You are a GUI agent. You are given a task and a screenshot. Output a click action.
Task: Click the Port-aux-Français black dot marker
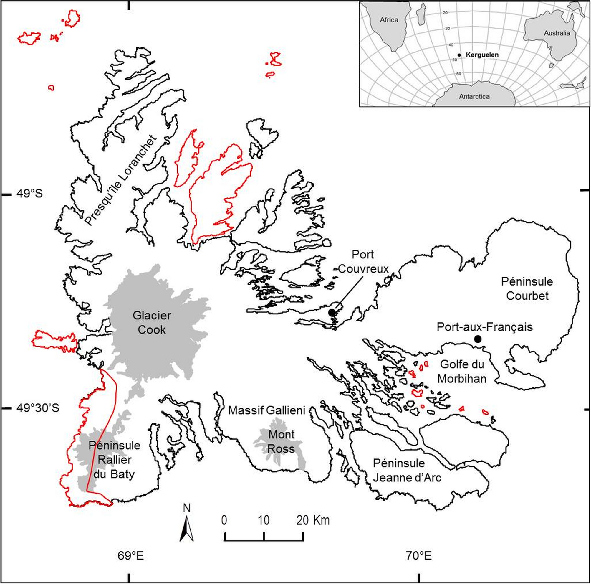coord(478,339)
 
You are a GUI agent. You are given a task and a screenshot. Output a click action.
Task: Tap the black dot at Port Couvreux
coord(332,313)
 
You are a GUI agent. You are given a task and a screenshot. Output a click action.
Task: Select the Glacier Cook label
coord(152,322)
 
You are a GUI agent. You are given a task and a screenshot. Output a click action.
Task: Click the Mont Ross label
coord(282,442)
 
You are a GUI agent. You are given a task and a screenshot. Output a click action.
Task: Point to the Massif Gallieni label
coord(267,410)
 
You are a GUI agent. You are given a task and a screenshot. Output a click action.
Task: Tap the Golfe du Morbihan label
coord(462,371)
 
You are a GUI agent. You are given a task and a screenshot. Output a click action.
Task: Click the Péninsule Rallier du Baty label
coord(114,460)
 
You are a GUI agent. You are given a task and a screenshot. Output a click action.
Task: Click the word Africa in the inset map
coord(389,20)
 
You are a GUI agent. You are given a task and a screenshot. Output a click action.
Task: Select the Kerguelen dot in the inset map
coord(459,55)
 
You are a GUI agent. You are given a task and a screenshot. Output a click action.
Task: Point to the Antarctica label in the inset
coord(474,96)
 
